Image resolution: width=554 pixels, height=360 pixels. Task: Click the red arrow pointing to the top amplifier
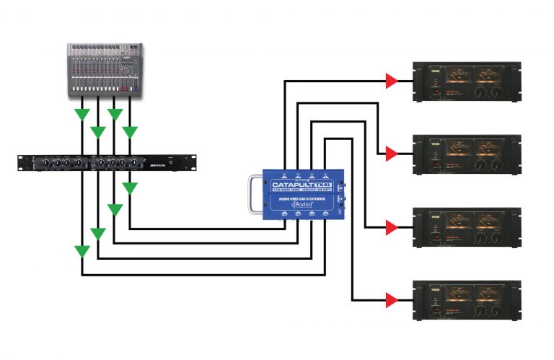pyautogui.click(x=390, y=81)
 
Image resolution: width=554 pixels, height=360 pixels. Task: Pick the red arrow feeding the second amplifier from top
pyautogui.click(x=390, y=154)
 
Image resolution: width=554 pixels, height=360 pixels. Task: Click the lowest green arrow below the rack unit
pyautogui.click(x=82, y=252)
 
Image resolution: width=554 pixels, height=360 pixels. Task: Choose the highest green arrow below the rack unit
pyautogui.click(x=129, y=188)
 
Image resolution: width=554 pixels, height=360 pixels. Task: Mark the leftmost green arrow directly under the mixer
pyautogui.click(x=82, y=114)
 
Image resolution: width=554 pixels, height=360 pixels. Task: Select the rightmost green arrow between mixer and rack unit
pyautogui.click(x=129, y=131)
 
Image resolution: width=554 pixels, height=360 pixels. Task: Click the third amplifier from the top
pyautogui.click(x=465, y=228)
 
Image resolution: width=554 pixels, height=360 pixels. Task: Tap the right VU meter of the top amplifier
pyautogui.click(x=487, y=76)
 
